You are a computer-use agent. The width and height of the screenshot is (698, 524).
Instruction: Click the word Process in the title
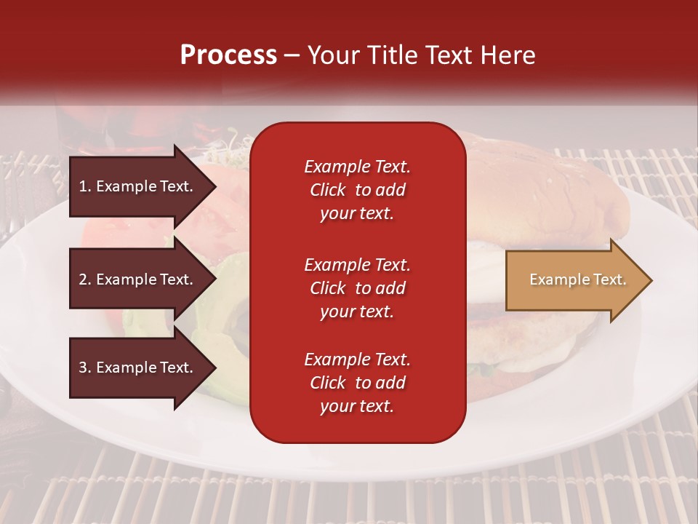[228, 55]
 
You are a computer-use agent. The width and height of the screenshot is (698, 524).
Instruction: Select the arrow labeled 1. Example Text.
[138, 186]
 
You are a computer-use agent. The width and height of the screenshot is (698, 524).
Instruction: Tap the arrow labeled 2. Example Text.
[138, 279]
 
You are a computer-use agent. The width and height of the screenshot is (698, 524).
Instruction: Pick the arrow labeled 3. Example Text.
[138, 368]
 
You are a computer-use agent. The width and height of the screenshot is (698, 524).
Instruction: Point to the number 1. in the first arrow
[85, 186]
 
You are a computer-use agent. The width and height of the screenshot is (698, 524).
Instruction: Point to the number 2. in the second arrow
[85, 279]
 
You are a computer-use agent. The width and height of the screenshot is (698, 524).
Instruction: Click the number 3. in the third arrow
[85, 368]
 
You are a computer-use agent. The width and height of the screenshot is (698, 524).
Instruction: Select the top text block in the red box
[357, 190]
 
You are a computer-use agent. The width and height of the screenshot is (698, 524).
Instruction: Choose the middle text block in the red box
[357, 288]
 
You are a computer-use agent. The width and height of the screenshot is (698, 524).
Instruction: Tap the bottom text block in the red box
[357, 383]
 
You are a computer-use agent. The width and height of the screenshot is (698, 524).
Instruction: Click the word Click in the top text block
[328, 190]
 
